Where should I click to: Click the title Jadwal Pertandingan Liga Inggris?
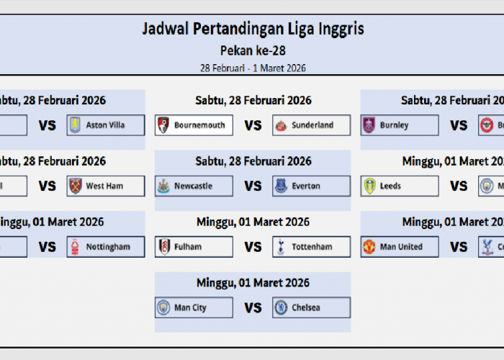click(x=253, y=30)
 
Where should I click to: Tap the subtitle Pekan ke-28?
click(x=253, y=50)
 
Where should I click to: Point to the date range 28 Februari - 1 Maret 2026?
click(x=253, y=68)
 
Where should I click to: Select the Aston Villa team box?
click(x=106, y=125)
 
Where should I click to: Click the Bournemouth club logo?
click(x=164, y=125)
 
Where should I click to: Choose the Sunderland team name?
click(x=312, y=125)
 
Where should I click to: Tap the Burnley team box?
click(x=400, y=125)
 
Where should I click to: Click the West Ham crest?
click(x=75, y=186)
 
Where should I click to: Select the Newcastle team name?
click(x=193, y=186)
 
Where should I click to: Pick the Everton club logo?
click(x=281, y=186)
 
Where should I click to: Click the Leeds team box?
click(x=400, y=186)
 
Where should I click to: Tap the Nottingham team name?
click(x=108, y=247)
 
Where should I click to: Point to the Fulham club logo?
click(x=164, y=247)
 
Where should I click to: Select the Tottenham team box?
click(x=312, y=247)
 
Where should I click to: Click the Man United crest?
click(x=369, y=247)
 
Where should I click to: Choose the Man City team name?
click(x=190, y=308)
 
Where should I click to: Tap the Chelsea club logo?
click(x=281, y=308)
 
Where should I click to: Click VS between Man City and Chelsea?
click(x=253, y=308)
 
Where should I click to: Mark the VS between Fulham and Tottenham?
click(x=253, y=247)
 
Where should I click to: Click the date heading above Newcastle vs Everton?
click(x=253, y=161)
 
